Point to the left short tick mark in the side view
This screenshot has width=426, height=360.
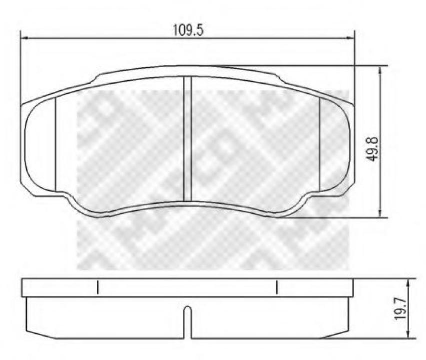(x=98, y=287)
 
